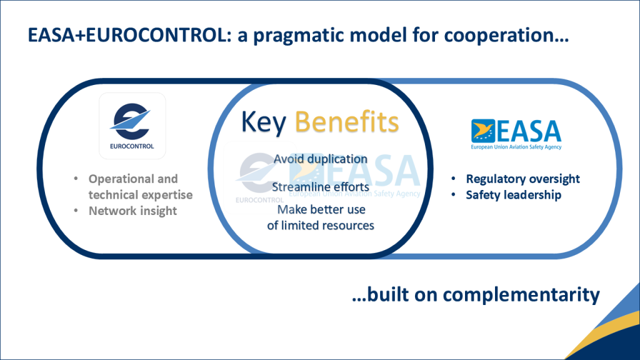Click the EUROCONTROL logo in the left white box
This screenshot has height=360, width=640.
pos(132,126)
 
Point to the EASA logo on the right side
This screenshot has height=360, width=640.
pos(516,132)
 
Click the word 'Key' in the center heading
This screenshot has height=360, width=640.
pos(263,122)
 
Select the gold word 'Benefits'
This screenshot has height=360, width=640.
pos(346,122)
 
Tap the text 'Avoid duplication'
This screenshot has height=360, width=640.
pos(320,159)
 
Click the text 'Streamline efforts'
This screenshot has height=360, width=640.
pos(320,186)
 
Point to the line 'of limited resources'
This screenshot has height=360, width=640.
pos(320,225)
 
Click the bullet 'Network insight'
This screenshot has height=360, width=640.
pos(132,211)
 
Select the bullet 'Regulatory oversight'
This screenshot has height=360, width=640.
pos(522,179)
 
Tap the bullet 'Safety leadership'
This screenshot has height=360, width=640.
pos(513,195)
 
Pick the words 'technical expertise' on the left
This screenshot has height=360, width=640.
pos(140,195)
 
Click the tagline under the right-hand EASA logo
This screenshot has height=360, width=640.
pos(516,147)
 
